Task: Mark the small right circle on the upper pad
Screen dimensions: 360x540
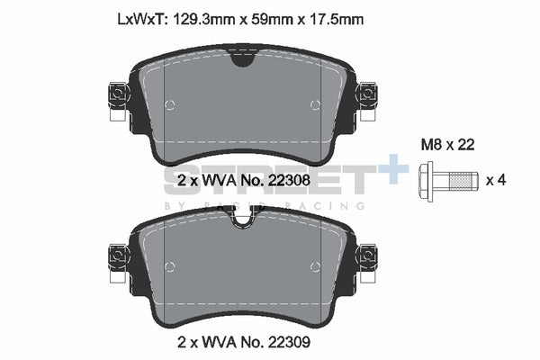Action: (x=314, y=105)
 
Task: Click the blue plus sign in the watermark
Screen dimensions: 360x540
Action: (x=392, y=169)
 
